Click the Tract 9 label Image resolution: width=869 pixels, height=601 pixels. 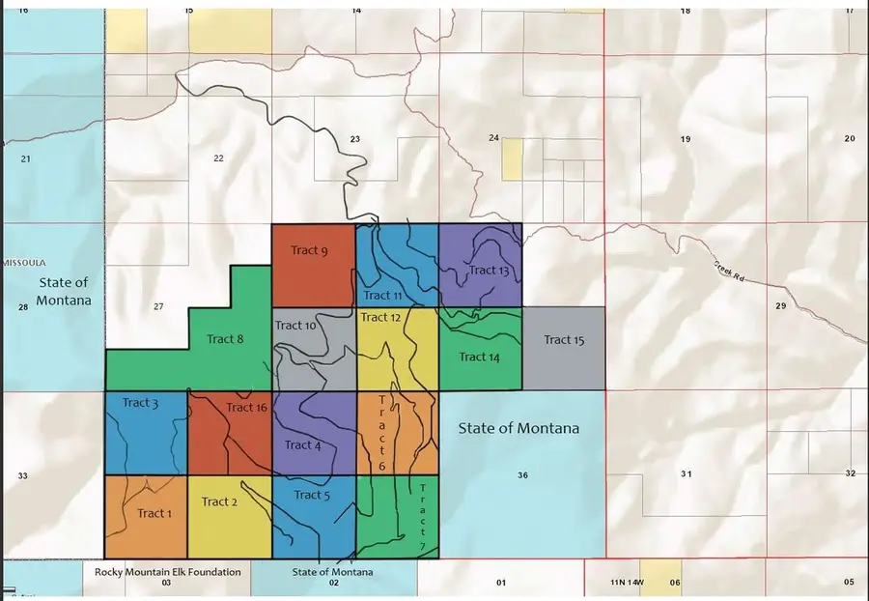pyautogui.click(x=310, y=251)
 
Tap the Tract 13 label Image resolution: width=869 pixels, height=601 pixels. pyautogui.click(x=489, y=271)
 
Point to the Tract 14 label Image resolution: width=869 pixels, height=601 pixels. pyautogui.click(x=479, y=357)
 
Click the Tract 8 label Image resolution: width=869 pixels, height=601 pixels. pyautogui.click(x=226, y=339)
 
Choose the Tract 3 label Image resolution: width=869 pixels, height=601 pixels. pyautogui.click(x=140, y=403)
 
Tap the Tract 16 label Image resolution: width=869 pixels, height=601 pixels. pyautogui.click(x=246, y=408)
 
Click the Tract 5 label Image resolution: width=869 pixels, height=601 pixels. pyautogui.click(x=312, y=495)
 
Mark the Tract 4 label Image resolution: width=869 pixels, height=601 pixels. pyautogui.click(x=303, y=445)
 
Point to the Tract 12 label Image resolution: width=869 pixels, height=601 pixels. pyautogui.click(x=380, y=317)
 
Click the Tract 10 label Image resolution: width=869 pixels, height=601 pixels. pyautogui.click(x=295, y=326)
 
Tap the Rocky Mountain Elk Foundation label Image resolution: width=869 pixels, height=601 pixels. pyautogui.click(x=167, y=572)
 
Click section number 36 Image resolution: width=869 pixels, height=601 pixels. pyautogui.click(x=522, y=475)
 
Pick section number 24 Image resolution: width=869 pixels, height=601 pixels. pyautogui.click(x=493, y=138)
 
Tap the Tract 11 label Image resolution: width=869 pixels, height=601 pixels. pyautogui.click(x=382, y=296)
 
